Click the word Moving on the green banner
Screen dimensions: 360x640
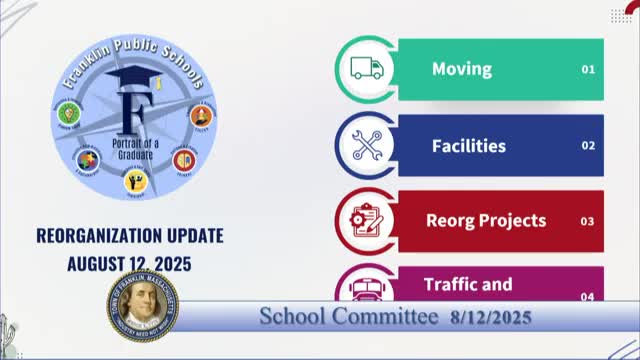coord(461,69)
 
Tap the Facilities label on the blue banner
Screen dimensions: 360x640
coord(468,146)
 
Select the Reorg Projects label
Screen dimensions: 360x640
coord(486,220)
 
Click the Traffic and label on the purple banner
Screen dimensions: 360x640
coord(468,284)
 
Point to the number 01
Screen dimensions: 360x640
coord(588,70)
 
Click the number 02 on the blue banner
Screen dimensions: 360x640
coord(588,146)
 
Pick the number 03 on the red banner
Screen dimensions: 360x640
coord(588,221)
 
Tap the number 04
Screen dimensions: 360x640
coord(588,296)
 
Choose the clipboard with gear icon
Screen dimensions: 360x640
coord(364,221)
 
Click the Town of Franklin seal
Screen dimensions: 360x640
coord(142,304)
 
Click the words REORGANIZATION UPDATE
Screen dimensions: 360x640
coord(130,236)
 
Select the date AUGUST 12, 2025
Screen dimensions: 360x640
coord(130,264)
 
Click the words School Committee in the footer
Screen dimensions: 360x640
coord(348,317)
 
